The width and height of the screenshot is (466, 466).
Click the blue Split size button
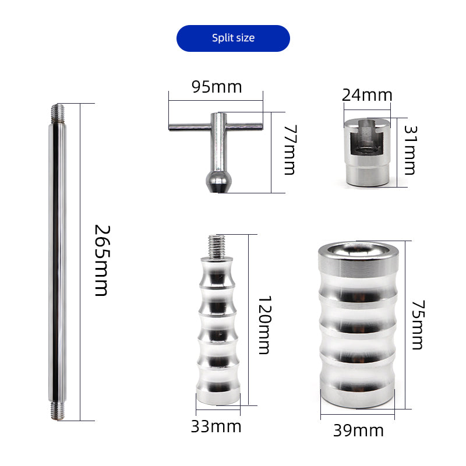(x=233, y=38)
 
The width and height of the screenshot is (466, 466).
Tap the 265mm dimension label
(x=103, y=260)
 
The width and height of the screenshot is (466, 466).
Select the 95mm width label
(x=217, y=87)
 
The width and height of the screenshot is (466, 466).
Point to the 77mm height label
(x=290, y=150)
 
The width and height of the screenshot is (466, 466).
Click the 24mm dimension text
(x=367, y=95)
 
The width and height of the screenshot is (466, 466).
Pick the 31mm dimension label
(x=411, y=150)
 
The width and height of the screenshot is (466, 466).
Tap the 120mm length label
(x=264, y=324)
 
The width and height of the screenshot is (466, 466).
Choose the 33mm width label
(x=216, y=426)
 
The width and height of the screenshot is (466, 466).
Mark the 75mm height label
(x=418, y=325)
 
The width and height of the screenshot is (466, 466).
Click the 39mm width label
(x=358, y=430)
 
